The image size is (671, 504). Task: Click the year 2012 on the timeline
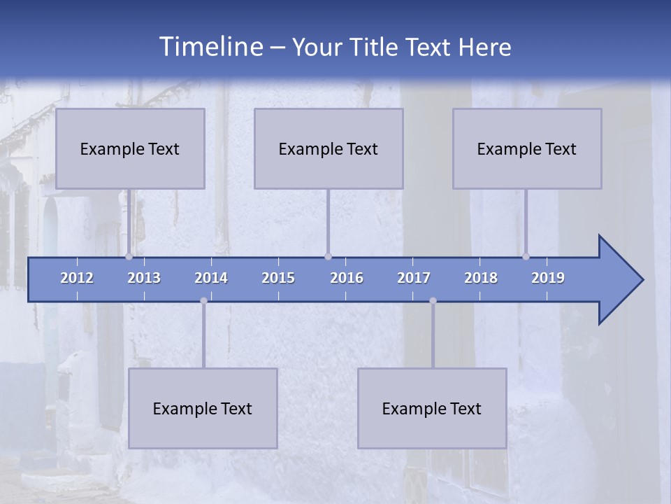click(x=77, y=278)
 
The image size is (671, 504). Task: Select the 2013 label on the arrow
click(x=144, y=278)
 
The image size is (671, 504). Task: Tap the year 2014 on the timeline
click(x=211, y=278)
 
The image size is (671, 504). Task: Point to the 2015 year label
click(x=278, y=278)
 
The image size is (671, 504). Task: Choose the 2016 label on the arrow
click(x=347, y=278)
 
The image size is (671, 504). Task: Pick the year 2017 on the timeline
click(x=414, y=278)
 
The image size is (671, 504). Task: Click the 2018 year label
click(x=481, y=278)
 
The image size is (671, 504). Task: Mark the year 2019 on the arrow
click(x=548, y=278)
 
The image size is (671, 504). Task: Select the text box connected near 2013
click(x=130, y=148)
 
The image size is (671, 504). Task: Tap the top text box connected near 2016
click(x=329, y=148)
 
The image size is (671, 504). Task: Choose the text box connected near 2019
click(x=527, y=148)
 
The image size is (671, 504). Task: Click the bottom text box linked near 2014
click(x=203, y=408)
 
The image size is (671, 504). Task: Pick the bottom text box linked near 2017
click(x=432, y=408)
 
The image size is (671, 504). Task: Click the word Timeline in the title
click(x=210, y=47)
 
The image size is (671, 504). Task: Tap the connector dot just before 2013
click(x=129, y=257)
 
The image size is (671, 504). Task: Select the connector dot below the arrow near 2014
click(x=203, y=301)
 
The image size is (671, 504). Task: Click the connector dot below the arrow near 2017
click(x=433, y=301)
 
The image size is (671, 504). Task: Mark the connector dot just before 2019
click(x=526, y=257)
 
